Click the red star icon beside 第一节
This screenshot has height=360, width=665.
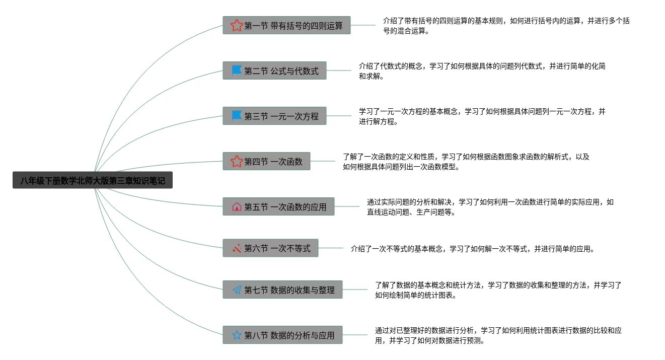[x=237, y=25]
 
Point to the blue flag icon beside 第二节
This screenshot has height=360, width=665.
[x=237, y=71]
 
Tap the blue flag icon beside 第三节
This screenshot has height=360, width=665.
[x=237, y=116]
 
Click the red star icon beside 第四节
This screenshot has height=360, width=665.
[x=237, y=162]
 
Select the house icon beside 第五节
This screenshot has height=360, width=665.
[x=237, y=207]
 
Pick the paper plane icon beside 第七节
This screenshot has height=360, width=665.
[x=237, y=290]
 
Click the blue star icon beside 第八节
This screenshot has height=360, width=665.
[x=237, y=335]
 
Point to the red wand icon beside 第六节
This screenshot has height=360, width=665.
[x=237, y=248]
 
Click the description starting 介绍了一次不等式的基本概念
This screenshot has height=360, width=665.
[x=473, y=249]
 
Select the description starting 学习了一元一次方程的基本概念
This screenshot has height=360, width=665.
[x=482, y=116]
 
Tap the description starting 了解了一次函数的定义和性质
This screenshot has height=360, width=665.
[x=466, y=162]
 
